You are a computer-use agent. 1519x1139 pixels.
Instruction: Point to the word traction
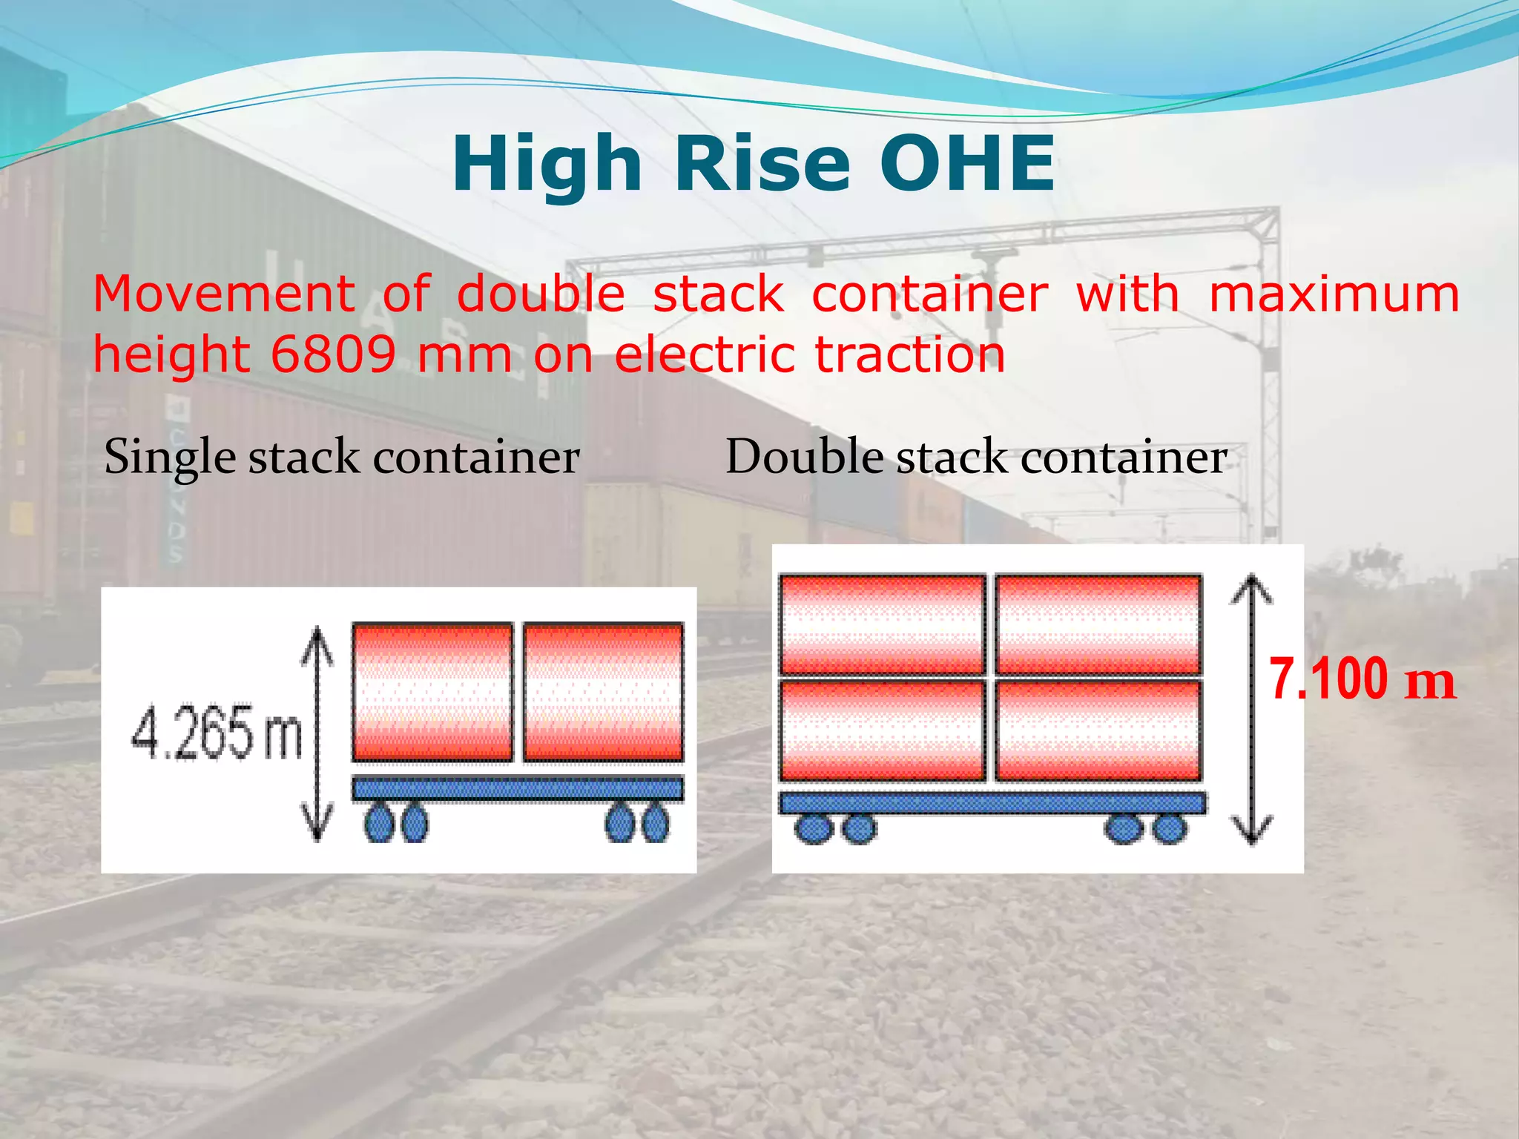click(x=909, y=354)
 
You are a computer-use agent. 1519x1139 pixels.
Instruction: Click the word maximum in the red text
click(x=1334, y=294)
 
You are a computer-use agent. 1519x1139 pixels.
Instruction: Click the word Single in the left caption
click(x=170, y=458)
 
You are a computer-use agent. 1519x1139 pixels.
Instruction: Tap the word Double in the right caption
click(x=804, y=456)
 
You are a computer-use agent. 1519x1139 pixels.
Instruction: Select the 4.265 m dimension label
click(x=217, y=733)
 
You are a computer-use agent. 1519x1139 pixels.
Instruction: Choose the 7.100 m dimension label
click(x=1362, y=679)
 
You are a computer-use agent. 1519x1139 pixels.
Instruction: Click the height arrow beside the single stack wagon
click(x=317, y=733)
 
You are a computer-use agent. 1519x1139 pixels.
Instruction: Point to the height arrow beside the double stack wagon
click(x=1252, y=710)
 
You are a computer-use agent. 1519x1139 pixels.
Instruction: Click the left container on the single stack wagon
click(x=432, y=692)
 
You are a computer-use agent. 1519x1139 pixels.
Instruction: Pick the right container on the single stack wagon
click(x=603, y=692)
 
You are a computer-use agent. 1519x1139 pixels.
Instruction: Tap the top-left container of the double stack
click(x=882, y=624)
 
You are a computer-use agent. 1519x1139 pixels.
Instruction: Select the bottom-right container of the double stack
click(x=1098, y=730)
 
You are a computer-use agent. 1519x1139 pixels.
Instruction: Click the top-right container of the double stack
click(x=1098, y=624)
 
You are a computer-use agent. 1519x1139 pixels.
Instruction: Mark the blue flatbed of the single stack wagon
click(x=517, y=788)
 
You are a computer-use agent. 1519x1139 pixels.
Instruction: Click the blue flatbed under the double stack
click(x=992, y=802)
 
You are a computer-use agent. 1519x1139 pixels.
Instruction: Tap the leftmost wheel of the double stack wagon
click(x=814, y=828)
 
